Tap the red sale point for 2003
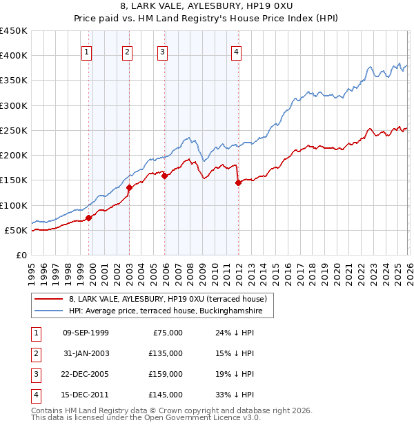point(129,187)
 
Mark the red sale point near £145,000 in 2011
point(238,183)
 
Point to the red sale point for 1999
point(88,218)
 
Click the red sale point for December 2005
point(165,176)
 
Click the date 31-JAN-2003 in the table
point(86,353)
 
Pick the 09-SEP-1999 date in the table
point(86,333)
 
